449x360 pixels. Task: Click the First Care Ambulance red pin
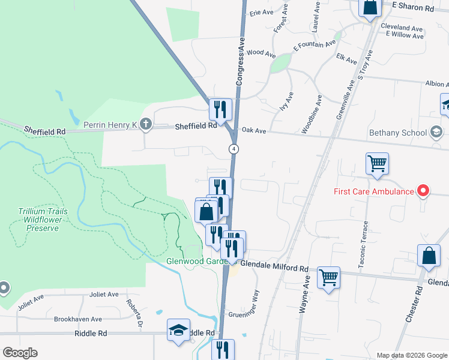423,191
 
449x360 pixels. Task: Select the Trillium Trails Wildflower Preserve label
38,220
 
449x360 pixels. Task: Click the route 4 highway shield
234,148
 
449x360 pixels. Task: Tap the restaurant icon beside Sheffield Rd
220,109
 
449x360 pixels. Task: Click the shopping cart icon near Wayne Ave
328,278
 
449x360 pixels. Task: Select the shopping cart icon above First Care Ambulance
377,163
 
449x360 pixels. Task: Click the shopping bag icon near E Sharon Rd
370,8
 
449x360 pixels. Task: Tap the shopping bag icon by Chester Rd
430,256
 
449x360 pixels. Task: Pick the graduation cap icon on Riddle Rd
178,330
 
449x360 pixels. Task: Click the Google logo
20,353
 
